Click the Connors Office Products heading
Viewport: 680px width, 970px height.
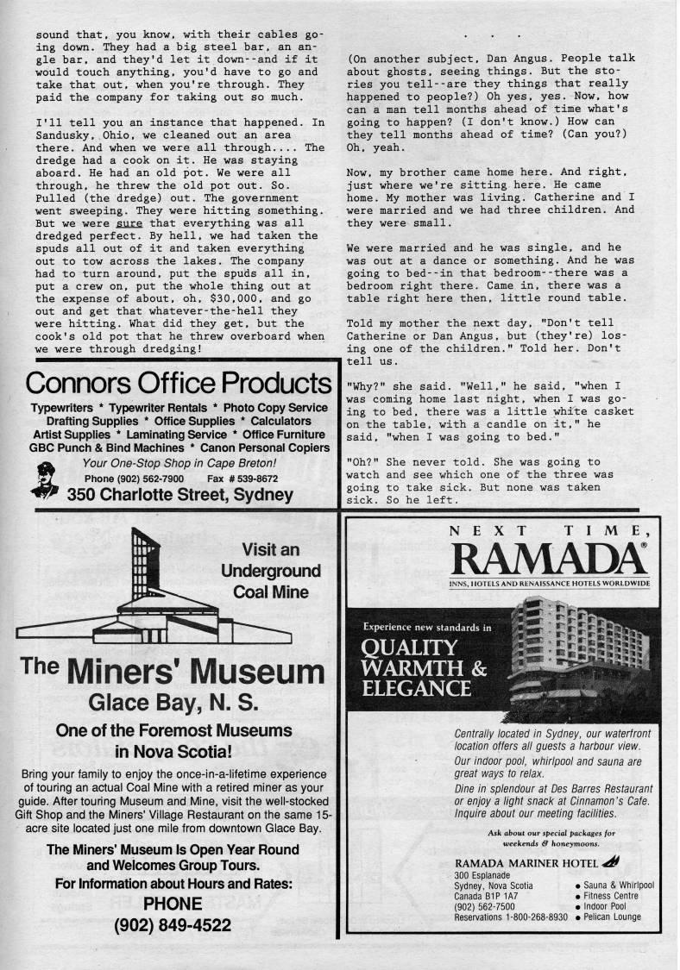coord(179,383)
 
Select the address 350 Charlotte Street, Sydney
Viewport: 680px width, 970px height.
coord(179,495)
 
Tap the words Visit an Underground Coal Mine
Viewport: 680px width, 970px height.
coord(270,571)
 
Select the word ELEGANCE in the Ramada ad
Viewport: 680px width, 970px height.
coord(417,688)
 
